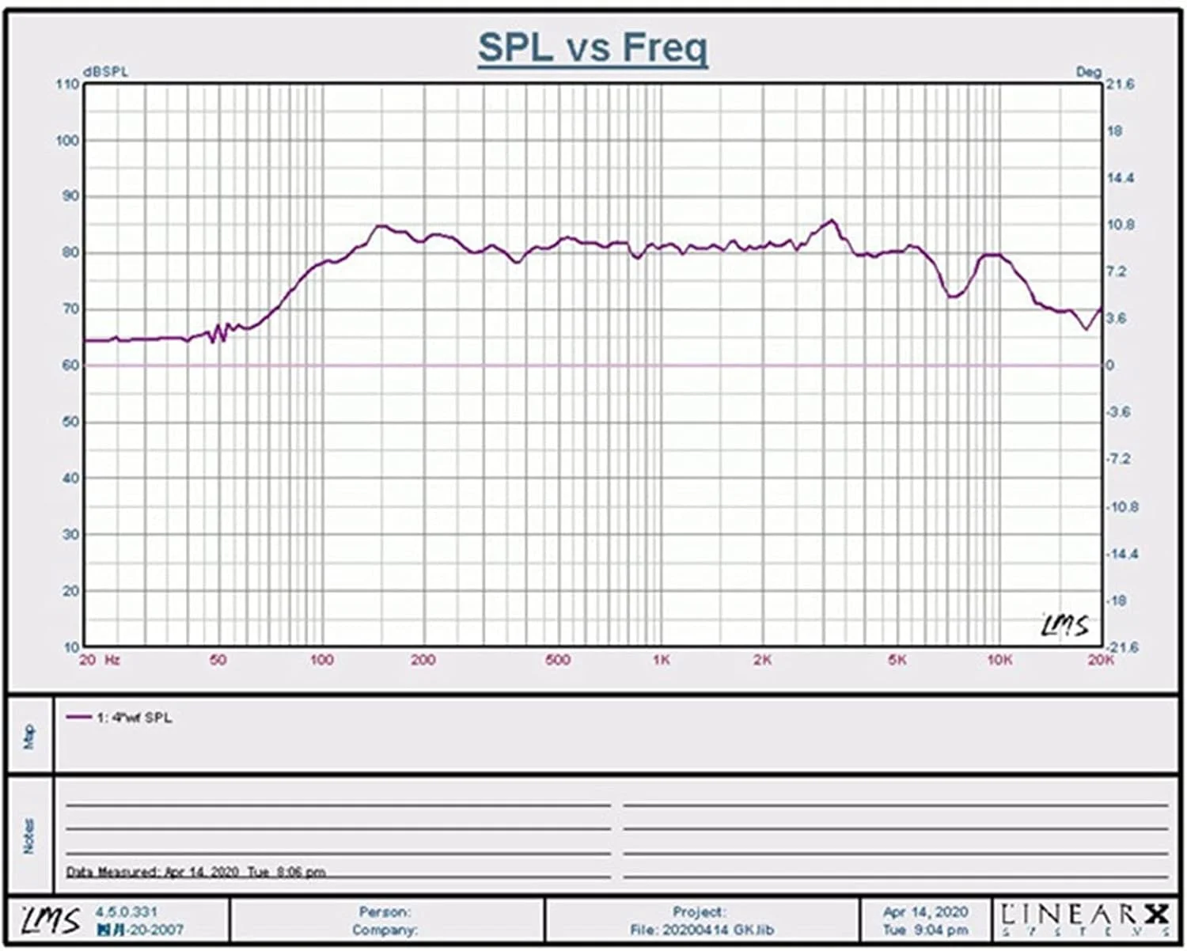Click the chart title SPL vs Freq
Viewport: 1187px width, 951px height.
click(593, 47)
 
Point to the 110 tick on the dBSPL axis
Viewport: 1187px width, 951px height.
click(68, 84)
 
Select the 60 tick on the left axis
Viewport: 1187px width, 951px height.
click(70, 366)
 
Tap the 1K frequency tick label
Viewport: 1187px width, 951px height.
click(661, 661)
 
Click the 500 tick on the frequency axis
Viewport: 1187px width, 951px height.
click(558, 661)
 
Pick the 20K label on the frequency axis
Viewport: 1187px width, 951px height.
click(1100, 661)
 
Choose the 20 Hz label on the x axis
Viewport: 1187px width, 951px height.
click(99, 661)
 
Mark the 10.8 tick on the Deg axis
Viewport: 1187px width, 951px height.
click(1120, 225)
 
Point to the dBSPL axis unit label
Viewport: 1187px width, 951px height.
click(105, 71)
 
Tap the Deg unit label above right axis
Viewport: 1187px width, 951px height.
click(1088, 71)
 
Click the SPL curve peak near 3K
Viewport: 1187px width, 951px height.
click(831, 221)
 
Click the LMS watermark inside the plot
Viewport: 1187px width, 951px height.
click(1064, 625)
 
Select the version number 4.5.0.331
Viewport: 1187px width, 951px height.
click(126, 912)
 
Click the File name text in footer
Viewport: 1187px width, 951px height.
click(702, 930)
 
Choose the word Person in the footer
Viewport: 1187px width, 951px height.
click(385, 912)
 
